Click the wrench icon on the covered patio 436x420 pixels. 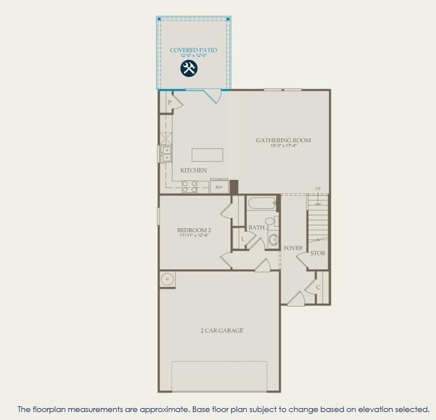click(x=189, y=69)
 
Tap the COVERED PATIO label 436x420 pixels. click(x=193, y=50)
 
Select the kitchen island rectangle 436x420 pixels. click(x=207, y=155)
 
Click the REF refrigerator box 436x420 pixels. click(x=219, y=187)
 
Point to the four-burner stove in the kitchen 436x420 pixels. click(x=190, y=187)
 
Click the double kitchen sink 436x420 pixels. click(x=166, y=154)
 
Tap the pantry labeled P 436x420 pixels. click(x=170, y=102)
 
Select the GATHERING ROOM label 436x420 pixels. click(x=283, y=140)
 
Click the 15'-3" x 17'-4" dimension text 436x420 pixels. click(x=283, y=146)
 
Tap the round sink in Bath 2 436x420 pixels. click(x=273, y=239)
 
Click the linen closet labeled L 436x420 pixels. click(x=243, y=240)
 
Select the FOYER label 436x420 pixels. click(x=293, y=248)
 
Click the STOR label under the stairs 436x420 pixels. click(x=317, y=253)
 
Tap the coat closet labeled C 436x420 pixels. click(x=318, y=287)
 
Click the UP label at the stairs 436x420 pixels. click(x=318, y=189)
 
